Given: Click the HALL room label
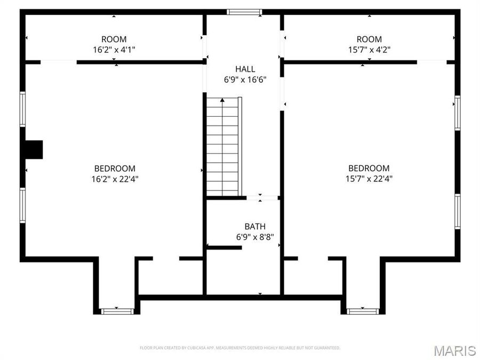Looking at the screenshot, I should point(245,69).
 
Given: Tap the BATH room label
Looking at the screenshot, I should point(255,227).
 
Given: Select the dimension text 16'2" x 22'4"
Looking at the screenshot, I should point(115,179).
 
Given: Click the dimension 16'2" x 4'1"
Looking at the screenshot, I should point(114,50).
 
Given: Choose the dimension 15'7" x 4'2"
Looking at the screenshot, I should point(369,50).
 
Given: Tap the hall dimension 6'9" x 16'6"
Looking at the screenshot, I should point(245,79).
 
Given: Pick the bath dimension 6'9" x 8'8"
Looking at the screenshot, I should point(255,237).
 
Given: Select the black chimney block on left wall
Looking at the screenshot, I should point(34,149).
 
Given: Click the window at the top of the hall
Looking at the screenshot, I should point(244,12).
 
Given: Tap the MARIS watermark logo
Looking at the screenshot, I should point(454,350).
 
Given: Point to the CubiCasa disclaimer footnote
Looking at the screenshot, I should point(240,348).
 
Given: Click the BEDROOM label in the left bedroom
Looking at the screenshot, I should point(115,169).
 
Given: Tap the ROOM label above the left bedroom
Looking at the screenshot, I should point(114,39).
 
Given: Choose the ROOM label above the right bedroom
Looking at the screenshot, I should point(369,39).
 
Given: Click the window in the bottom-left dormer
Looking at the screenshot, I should point(117,311).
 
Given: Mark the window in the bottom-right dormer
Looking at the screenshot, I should point(363,311).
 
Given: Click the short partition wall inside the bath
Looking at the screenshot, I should point(224,247).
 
